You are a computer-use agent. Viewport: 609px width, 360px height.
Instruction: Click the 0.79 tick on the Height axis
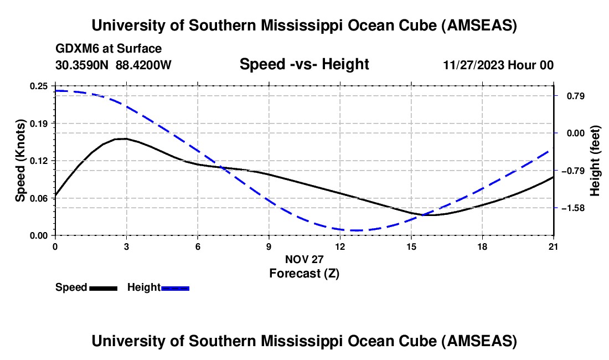click(571, 96)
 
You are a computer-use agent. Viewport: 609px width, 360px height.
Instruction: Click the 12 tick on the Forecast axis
click(339, 246)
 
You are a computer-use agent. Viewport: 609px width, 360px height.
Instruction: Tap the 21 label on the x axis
click(553, 246)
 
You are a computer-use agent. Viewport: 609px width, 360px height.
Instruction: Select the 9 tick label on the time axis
click(269, 246)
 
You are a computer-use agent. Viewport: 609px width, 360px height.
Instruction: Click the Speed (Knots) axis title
click(20, 161)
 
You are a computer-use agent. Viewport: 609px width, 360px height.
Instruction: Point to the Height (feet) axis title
click(595, 161)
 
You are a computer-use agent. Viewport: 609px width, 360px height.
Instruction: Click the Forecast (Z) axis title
click(304, 273)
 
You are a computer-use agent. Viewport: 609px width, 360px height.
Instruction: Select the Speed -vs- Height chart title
click(304, 64)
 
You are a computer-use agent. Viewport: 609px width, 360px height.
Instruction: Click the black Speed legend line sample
click(103, 288)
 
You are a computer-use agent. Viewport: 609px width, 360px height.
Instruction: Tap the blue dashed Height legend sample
click(176, 288)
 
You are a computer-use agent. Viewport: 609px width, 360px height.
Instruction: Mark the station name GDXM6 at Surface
click(109, 48)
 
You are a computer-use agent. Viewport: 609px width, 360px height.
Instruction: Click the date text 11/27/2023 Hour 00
click(498, 65)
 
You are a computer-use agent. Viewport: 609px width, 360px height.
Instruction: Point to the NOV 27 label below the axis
click(304, 259)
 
